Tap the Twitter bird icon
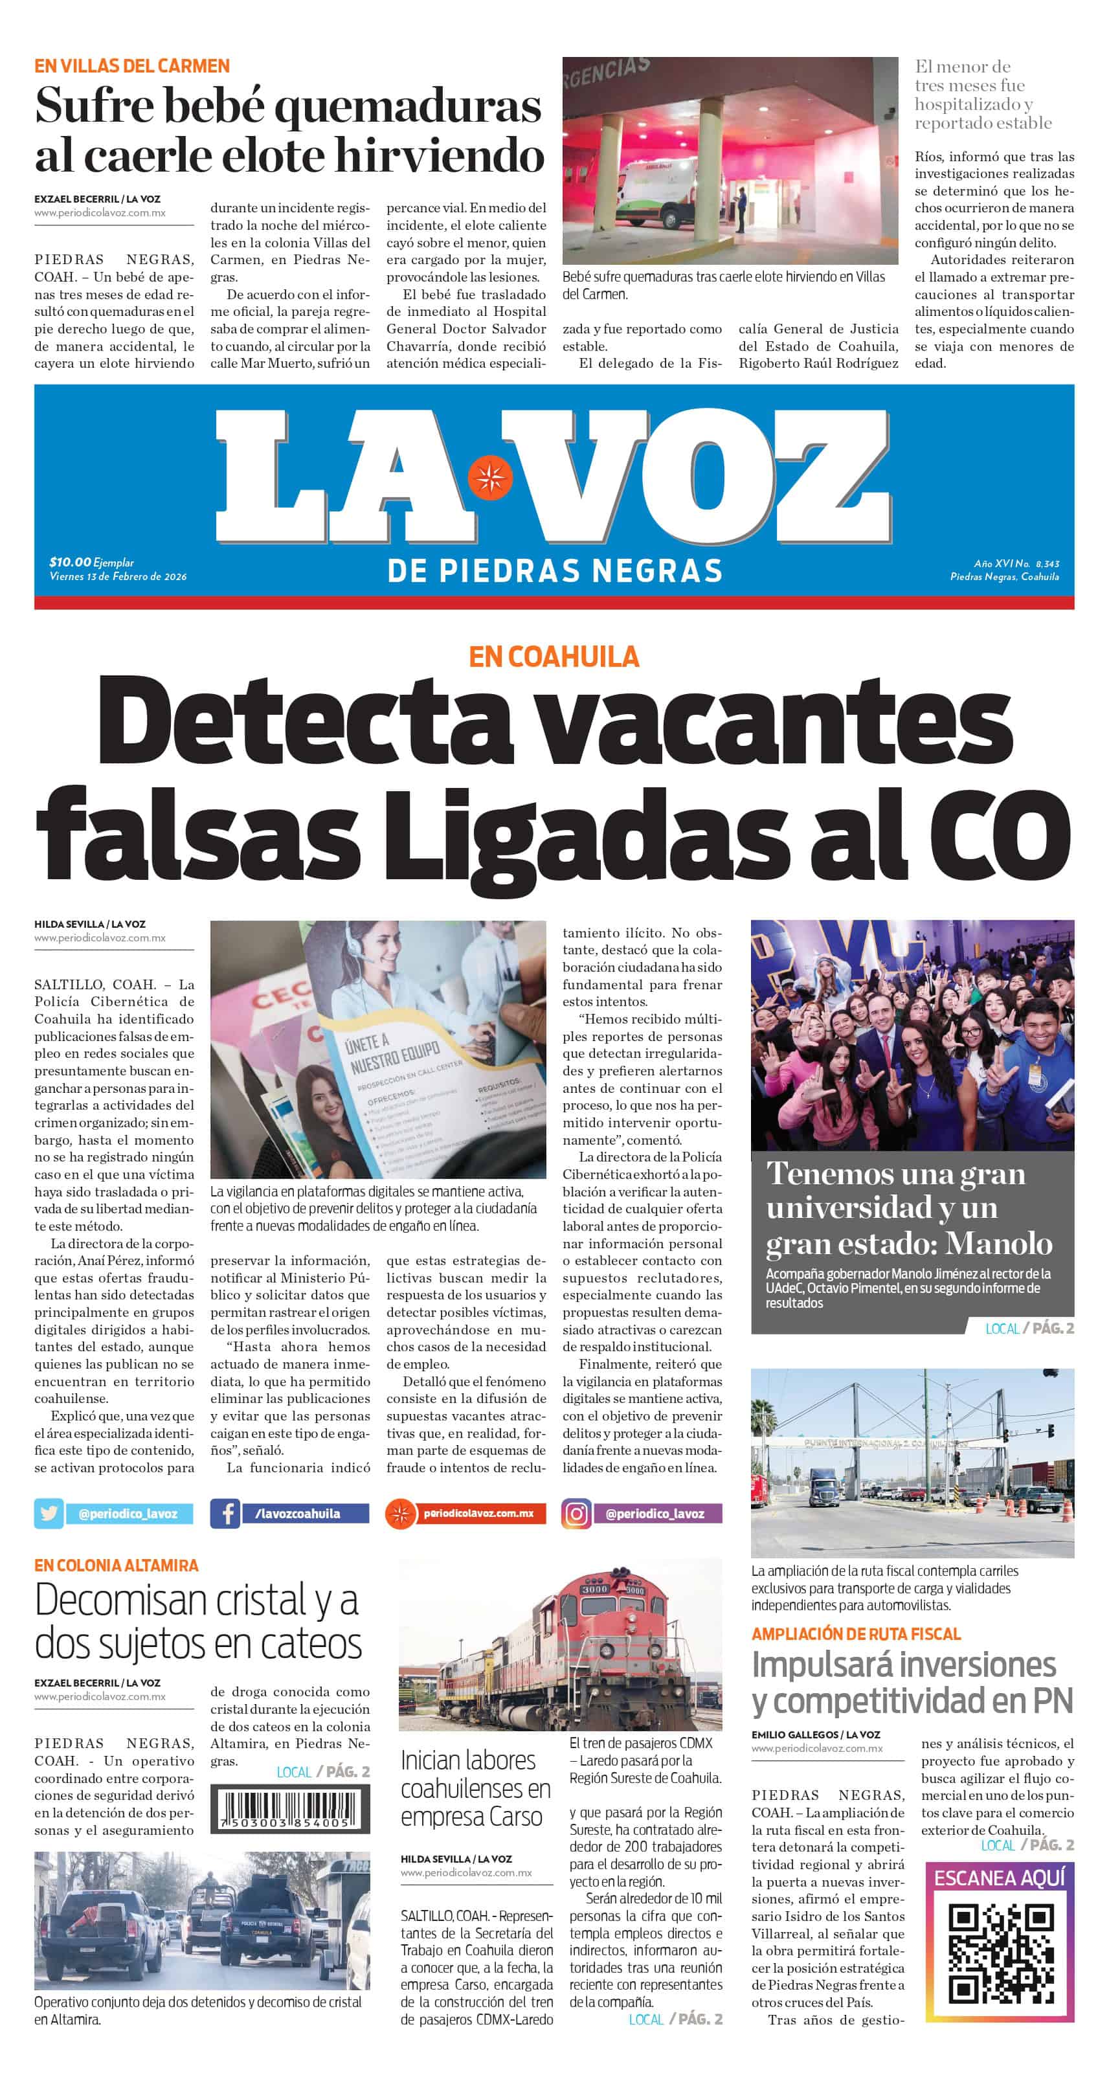49,1513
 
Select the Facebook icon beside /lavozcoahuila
225,1513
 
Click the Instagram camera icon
576,1513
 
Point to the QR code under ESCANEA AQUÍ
1000,1953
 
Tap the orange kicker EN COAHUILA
554,656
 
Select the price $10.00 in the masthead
70,562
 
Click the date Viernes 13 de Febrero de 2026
118,576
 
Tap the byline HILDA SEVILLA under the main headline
69,924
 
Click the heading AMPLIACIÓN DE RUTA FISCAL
855,1633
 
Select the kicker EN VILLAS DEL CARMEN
131,65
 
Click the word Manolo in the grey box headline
999,1242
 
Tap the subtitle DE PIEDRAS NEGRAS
554,570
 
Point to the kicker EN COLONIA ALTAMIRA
116,1564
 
